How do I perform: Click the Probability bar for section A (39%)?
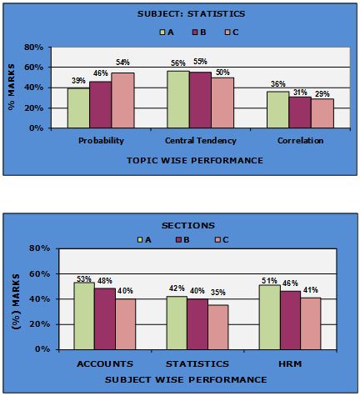[x=78, y=108]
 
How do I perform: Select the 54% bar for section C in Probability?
[x=122, y=101]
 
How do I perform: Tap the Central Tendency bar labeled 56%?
[x=177, y=100]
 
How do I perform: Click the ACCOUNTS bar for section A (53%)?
[x=85, y=316]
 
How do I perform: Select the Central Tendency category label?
[x=200, y=141]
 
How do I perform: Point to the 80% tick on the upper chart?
[x=47, y=48]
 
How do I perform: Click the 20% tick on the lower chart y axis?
[x=47, y=324]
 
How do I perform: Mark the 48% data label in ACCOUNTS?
[x=105, y=281]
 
